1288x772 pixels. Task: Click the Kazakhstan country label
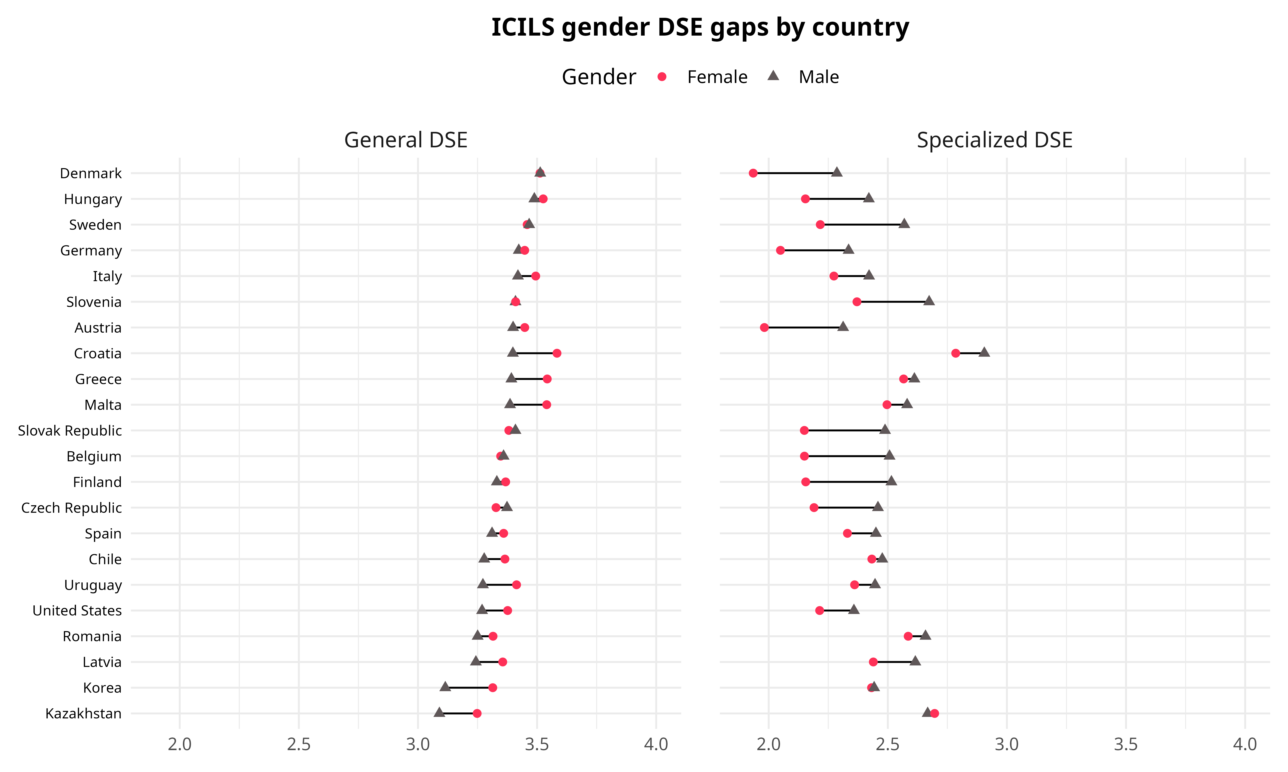click(x=83, y=713)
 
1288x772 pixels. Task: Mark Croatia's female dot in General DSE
click(x=557, y=353)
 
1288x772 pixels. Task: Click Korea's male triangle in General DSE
click(x=445, y=687)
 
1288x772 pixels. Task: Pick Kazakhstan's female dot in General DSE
click(x=477, y=713)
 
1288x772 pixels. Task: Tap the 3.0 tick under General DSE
click(x=418, y=744)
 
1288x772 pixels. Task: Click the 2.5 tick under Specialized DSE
click(x=888, y=744)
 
